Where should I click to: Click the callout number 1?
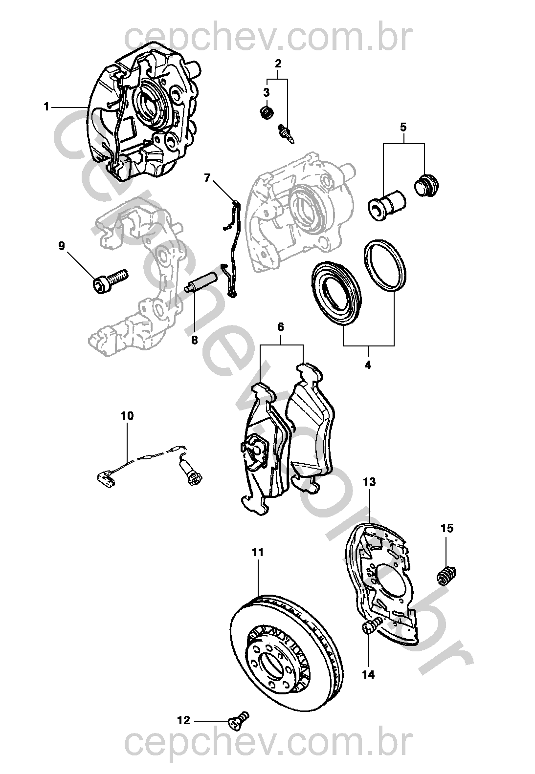(x=46, y=107)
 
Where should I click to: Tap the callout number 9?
(x=62, y=246)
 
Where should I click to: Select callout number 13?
(x=369, y=482)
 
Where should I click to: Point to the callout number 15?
(x=447, y=528)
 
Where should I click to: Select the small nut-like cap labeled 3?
(x=266, y=113)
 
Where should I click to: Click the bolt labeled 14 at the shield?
(x=372, y=627)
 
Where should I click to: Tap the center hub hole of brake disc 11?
(x=274, y=664)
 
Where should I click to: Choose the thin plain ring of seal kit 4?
(x=385, y=266)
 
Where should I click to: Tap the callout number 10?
(x=127, y=416)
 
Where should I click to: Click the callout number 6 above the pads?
(x=281, y=327)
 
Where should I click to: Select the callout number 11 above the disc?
(x=258, y=552)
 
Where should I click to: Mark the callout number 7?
(x=207, y=178)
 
